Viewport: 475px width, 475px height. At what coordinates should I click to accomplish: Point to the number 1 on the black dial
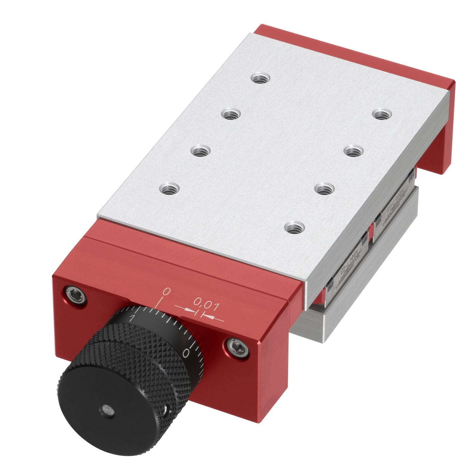pos(133,317)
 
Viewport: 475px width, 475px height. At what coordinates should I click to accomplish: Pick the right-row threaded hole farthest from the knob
pos(382,114)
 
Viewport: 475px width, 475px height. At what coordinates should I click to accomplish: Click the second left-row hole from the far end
pos(230,113)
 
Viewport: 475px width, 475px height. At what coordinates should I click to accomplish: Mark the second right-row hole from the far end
pos(352,151)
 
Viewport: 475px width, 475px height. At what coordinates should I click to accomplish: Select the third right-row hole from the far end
pos(325,189)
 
